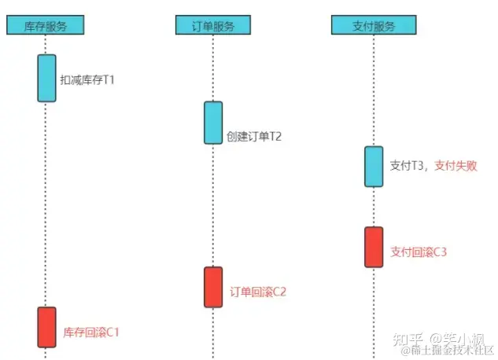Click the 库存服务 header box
point(45,25)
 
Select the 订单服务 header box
point(212,25)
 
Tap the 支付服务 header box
point(374,25)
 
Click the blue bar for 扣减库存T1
point(46,78)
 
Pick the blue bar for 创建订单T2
point(213,123)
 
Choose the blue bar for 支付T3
point(374,166)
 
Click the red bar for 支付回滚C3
point(374,247)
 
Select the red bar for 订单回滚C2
point(213,287)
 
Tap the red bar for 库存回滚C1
point(46,327)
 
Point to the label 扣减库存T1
point(87,79)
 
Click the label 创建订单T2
point(253,136)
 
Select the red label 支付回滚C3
point(419,252)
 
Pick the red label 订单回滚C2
point(258,292)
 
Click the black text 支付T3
point(408,166)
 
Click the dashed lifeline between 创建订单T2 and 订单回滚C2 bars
point(213,204)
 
